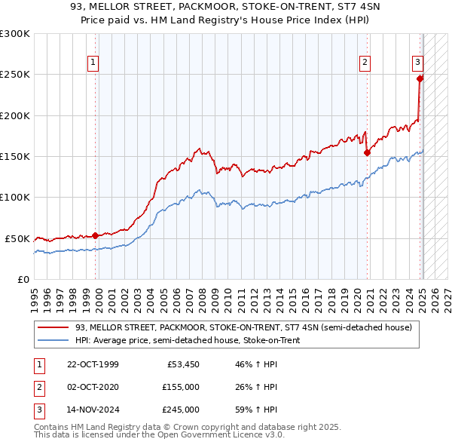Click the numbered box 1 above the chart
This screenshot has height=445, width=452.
coord(92,63)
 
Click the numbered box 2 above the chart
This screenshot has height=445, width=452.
coord(365,63)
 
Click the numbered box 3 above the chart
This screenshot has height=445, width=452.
coord(417,63)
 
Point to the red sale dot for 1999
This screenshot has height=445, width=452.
coord(96,235)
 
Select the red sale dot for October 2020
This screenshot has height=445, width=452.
coord(368,152)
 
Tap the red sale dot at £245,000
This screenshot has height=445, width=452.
coord(420,78)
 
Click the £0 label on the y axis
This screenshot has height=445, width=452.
coord(23,279)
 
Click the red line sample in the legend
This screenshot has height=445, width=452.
coord(53,328)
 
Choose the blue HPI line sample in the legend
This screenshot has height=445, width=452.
coord(53,340)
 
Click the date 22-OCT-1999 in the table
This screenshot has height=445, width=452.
coord(92,364)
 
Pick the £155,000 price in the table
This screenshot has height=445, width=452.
coord(180,387)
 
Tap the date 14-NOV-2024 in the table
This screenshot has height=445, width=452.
coord(92,410)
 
